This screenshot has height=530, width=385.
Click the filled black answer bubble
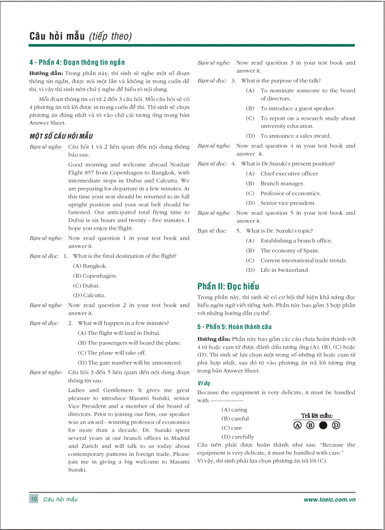coord(323,425)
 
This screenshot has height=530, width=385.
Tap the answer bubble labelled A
coord(297,425)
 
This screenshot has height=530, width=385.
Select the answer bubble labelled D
coord(336,425)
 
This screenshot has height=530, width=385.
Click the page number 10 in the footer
coord(33,499)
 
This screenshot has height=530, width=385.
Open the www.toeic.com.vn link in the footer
coord(329,500)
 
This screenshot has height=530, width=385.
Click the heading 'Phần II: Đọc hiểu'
coord(228,286)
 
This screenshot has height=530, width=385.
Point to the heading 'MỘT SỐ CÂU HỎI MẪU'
coord(61,136)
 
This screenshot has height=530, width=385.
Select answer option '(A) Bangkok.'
coord(90,266)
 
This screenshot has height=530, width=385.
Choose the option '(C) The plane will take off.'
coord(111,353)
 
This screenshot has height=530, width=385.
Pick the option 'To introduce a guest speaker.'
coord(298,108)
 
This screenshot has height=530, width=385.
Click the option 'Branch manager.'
coord(282,184)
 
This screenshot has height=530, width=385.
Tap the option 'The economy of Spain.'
coord(289,251)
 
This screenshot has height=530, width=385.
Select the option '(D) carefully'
coord(237,437)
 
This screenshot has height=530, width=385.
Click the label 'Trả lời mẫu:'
coord(317,415)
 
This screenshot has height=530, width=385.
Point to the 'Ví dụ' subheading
coord(204,383)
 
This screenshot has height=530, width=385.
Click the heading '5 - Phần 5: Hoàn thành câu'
coord(234,327)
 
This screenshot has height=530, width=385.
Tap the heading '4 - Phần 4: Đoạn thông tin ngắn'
coord(77,62)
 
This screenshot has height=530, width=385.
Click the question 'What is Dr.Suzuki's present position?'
coord(288,164)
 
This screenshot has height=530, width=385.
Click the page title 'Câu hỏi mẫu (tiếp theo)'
coord(81,36)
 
